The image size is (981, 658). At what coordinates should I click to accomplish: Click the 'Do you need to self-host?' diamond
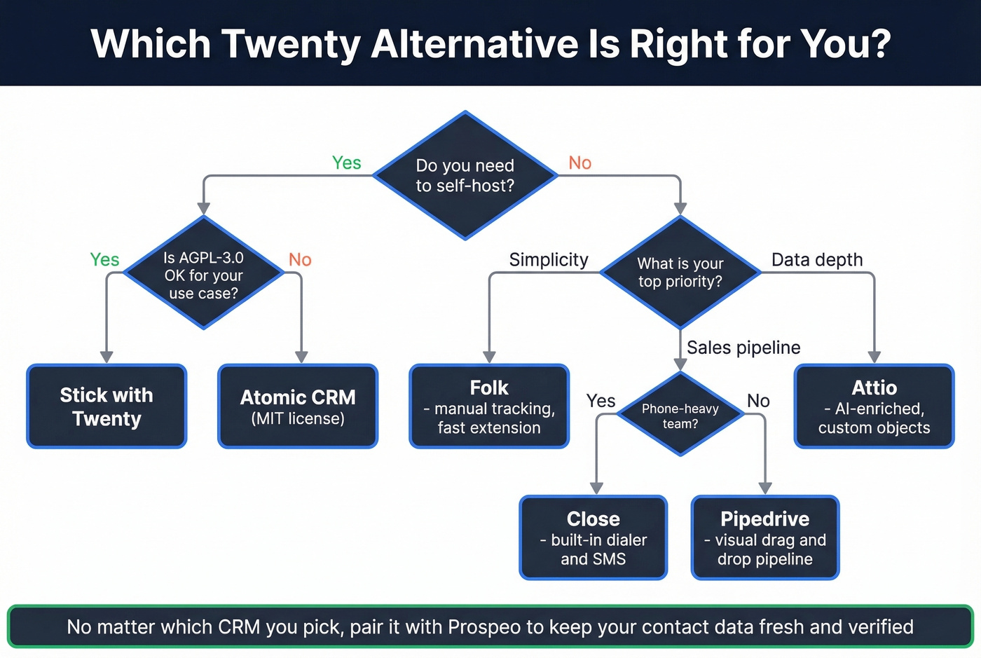coord(465,175)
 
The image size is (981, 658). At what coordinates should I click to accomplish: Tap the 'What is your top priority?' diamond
coord(680,273)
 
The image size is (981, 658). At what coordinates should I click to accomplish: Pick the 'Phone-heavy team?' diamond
coord(680,416)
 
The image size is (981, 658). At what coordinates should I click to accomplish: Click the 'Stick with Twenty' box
coord(107,406)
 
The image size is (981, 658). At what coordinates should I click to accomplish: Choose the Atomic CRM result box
coord(298,406)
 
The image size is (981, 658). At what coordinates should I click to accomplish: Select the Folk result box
coord(489,406)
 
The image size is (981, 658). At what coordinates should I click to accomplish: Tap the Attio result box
coord(874,406)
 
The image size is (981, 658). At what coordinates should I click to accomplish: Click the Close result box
coord(593,538)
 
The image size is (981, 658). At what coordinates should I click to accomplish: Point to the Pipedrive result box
coord(764,538)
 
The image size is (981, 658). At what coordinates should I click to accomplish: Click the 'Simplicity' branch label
coord(549,260)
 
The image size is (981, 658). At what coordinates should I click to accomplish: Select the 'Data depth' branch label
coord(817,260)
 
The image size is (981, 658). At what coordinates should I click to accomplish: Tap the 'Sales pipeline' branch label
coord(743,348)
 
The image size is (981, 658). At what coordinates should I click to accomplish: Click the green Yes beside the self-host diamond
coord(346,163)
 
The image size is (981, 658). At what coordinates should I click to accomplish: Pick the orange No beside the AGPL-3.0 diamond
coord(300,260)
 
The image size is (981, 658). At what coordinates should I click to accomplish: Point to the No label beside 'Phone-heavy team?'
coord(758,401)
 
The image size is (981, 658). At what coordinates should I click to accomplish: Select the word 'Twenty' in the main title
coord(291,43)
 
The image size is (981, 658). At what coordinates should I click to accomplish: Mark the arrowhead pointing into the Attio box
coord(874,357)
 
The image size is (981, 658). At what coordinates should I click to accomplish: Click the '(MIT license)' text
coord(298,419)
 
